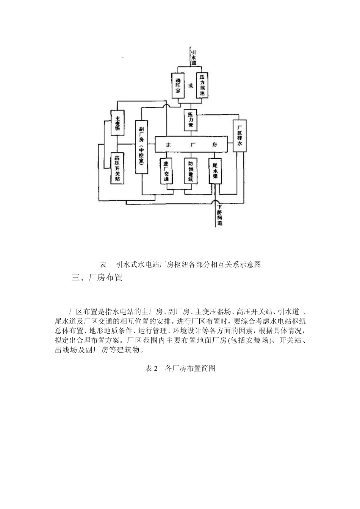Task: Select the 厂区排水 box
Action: coord(239,136)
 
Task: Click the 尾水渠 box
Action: coord(215,171)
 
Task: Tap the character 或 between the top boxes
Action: coord(191,86)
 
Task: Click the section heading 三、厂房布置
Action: coord(97,278)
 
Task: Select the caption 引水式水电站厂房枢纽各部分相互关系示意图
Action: coord(188,264)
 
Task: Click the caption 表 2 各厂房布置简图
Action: coord(180,368)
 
